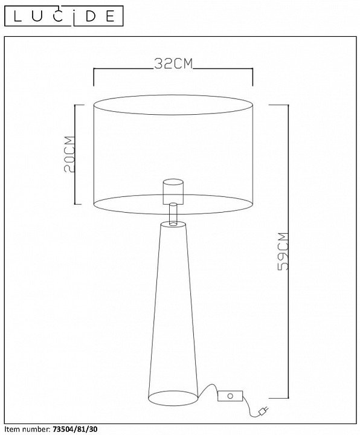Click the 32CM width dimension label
point(173,64)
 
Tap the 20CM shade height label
point(69,154)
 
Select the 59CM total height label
point(283,251)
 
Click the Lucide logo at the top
point(64,16)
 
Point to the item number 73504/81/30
point(75,429)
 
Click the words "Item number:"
point(27,429)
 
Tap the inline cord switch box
point(230,396)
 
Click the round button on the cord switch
point(230,396)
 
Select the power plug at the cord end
point(263,411)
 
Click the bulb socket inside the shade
point(173,192)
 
